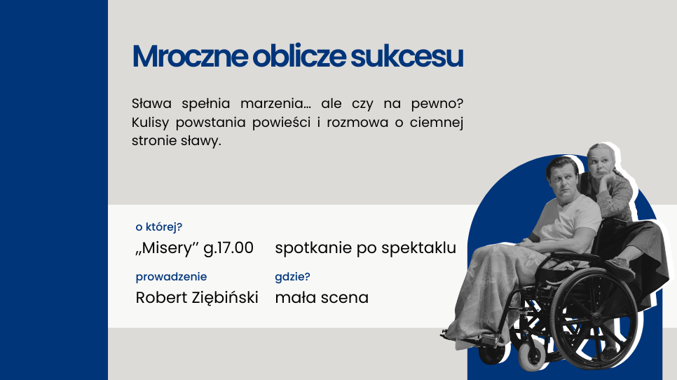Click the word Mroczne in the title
point(190,56)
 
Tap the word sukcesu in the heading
point(406,56)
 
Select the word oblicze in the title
point(299,56)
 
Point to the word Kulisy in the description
point(150,123)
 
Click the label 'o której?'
point(159,226)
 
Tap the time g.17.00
point(228,248)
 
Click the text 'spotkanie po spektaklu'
point(366,248)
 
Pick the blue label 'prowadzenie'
point(172,277)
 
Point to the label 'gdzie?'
point(293,277)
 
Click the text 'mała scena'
point(322,297)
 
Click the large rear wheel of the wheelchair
point(594,319)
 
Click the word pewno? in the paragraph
point(437,104)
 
